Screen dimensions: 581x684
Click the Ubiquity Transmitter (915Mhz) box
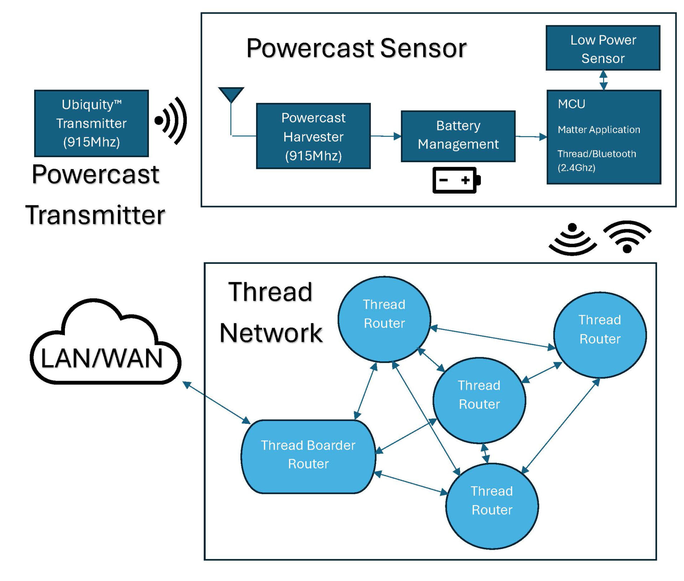91,123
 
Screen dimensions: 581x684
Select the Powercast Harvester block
313,136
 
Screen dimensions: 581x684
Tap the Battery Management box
458,136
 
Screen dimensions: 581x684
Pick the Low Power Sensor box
603,48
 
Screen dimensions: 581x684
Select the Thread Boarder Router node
308,456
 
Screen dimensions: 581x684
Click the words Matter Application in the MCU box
599,129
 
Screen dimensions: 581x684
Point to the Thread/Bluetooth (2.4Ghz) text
597,160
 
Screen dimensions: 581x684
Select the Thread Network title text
271,312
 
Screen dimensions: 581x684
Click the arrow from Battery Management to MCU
531,137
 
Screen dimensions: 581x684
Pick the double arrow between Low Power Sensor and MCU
603,80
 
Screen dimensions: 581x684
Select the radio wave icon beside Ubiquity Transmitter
171,120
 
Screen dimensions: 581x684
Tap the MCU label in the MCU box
571,104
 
